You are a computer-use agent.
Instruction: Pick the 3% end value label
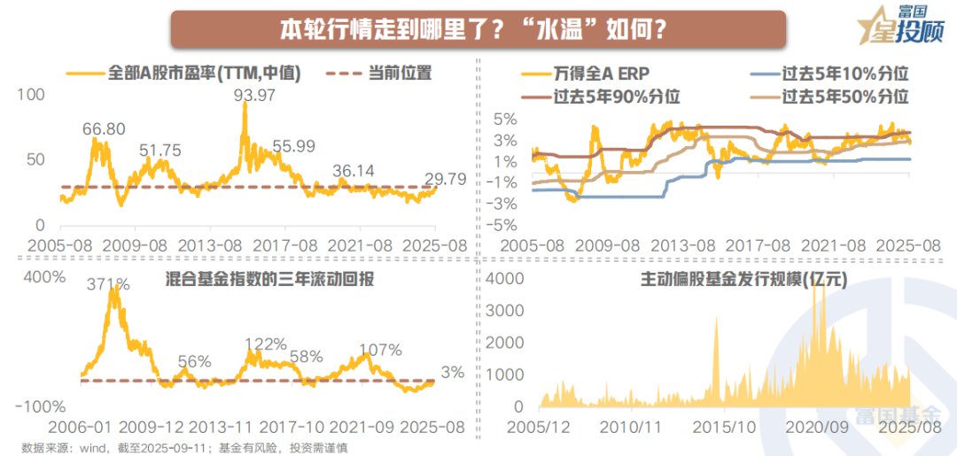[x=452, y=373]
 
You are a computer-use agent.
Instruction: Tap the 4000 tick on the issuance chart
[x=510, y=278]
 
